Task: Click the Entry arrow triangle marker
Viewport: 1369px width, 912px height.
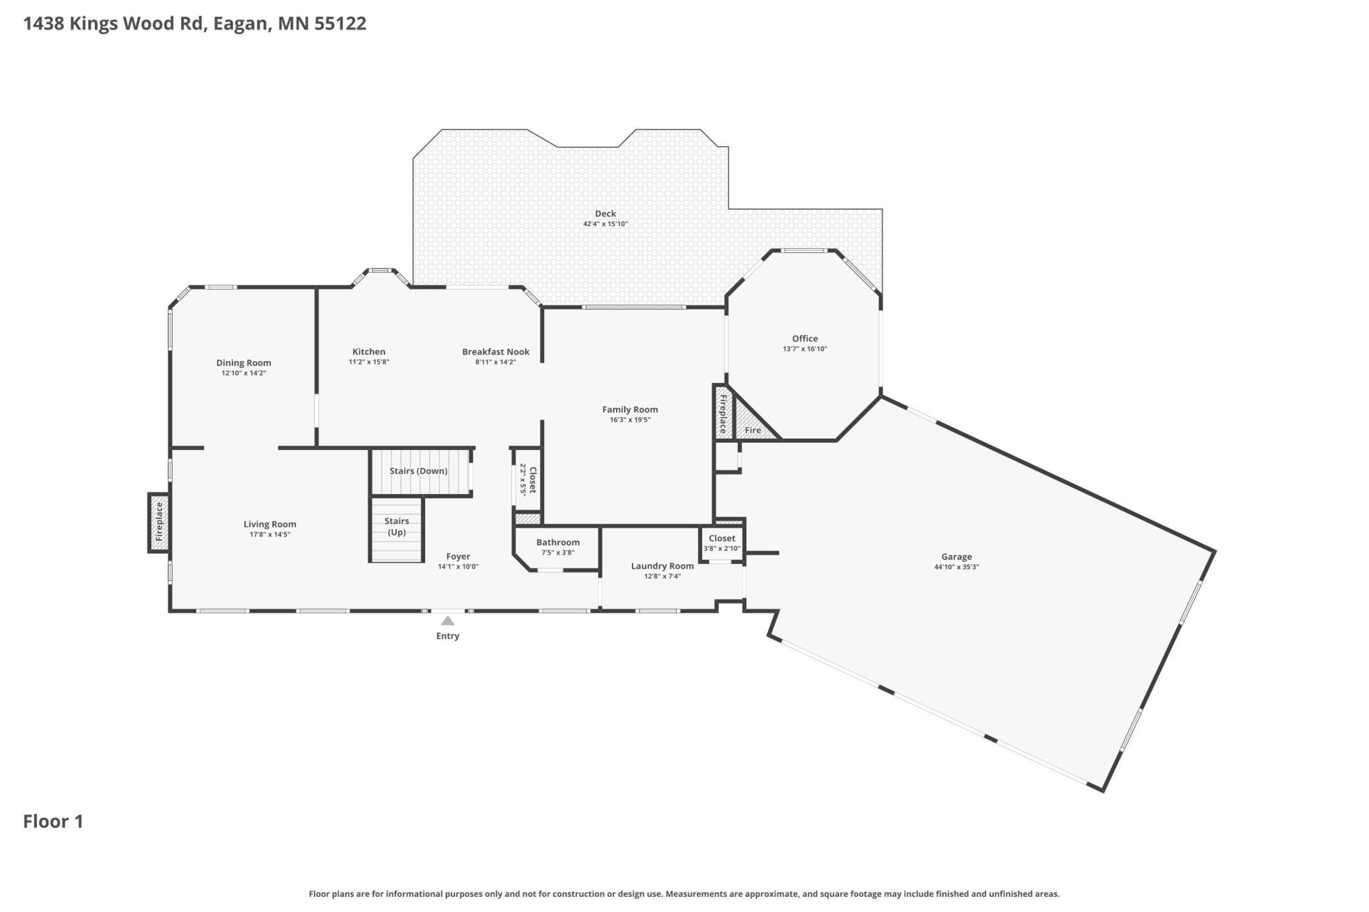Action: (x=448, y=621)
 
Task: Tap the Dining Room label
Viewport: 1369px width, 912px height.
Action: (x=244, y=363)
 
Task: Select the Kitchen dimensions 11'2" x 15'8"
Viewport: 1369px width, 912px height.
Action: (x=369, y=362)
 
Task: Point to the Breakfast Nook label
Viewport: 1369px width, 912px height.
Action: (x=496, y=352)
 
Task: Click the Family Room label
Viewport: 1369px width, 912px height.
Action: (x=630, y=409)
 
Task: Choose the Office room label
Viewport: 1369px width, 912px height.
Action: (x=805, y=338)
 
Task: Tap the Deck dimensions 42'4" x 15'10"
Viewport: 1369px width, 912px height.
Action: (x=606, y=224)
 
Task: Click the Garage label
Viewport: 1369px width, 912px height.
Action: (x=956, y=557)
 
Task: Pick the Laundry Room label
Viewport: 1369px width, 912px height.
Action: (x=662, y=566)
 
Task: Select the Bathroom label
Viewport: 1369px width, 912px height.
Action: (x=558, y=542)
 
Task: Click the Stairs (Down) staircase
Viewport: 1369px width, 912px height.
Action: (x=421, y=472)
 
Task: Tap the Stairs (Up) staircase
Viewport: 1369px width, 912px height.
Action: (x=396, y=530)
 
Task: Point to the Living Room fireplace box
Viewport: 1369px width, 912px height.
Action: (x=159, y=523)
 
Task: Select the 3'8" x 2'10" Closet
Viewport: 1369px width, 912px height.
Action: (x=722, y=544)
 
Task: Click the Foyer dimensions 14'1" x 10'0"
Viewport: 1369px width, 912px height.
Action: (x=458, y=567)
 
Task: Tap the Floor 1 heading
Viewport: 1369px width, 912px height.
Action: (x=53, y=822)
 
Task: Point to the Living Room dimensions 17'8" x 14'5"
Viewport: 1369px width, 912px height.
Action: (x=270, y=534)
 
